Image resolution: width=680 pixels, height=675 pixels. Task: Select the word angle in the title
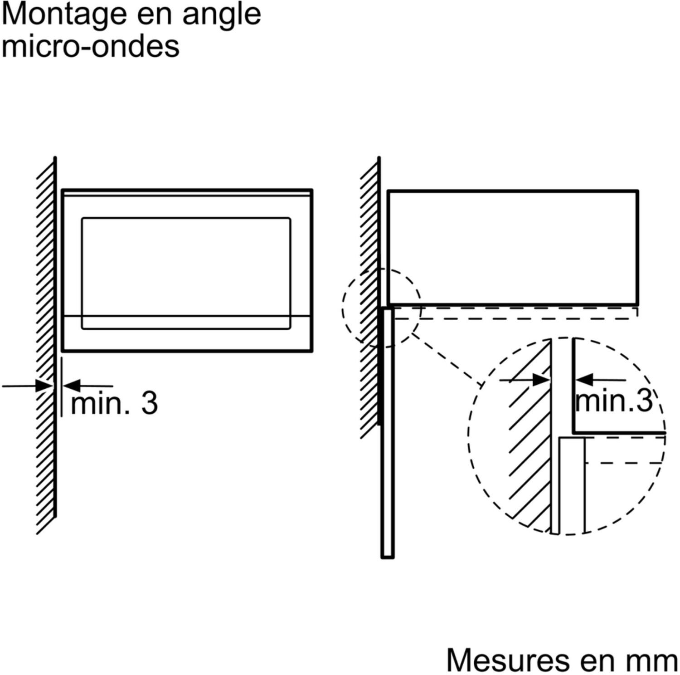[x=221, y=15]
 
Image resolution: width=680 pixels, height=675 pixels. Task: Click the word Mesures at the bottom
[x=508, y=660]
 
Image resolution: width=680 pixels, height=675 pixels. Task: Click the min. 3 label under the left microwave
[x=114, y=403]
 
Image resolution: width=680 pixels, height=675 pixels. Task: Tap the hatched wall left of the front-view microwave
[x=46, y=345]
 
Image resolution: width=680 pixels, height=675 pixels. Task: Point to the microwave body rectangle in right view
[x=513, y=248]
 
